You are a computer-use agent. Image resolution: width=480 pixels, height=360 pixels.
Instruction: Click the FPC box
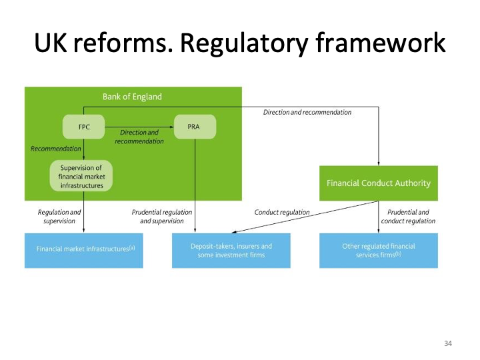click(x=83, y=126)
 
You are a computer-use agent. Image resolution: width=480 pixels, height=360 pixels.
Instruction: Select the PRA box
click(x=195, y=126)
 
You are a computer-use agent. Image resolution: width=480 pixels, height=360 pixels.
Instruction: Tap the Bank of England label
click(x=132, y=97)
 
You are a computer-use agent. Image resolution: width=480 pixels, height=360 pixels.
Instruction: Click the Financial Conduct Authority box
click(x=378, y=183)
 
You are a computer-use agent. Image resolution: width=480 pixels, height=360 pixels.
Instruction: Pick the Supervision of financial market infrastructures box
click(x=81, y=176)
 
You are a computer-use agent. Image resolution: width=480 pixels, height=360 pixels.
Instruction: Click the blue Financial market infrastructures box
click(x=84, y=250)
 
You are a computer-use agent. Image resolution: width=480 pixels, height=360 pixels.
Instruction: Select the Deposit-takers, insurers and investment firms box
click(x=231, y=250)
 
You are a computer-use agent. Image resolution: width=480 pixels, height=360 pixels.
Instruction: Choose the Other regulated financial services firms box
click(x=378, y=250)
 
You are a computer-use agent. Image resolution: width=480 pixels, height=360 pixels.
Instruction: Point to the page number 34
click(x=447, y=343)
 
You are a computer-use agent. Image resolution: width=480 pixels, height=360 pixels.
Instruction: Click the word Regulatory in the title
click(x=244, y=43)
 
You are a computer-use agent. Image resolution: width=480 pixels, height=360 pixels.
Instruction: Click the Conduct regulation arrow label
click(x=282, y=213)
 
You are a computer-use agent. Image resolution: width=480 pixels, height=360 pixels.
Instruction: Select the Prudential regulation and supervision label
click(x=162, y=217)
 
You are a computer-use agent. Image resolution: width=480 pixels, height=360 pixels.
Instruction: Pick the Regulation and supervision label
click(x=59, y=217)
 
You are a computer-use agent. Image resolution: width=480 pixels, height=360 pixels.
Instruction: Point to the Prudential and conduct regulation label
click(x=408, y=217)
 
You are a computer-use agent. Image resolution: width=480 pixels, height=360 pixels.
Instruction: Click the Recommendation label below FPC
click(x=56, y=149)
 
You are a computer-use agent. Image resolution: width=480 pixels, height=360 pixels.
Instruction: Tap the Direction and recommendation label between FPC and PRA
click(x=139, y=137)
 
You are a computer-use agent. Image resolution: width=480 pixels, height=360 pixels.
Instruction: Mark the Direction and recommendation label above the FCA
click(x=307, y=113)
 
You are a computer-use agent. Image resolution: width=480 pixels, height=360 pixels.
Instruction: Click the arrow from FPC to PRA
click(x=139, y=126)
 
